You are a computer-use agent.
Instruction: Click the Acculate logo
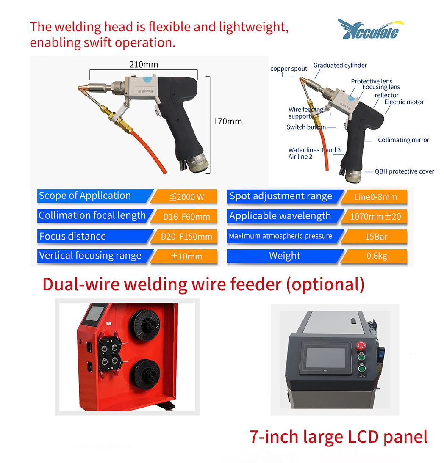(371, 29)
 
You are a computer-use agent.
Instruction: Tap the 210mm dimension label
(144, 64)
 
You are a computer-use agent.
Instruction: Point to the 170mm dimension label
(228, 121)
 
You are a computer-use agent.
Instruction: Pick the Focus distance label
(73, 236)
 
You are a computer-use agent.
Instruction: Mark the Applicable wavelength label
(280, 216)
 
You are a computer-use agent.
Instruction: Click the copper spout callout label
(289, 69)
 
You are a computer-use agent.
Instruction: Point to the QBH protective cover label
(405, 171)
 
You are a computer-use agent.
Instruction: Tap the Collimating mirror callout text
(403, 140)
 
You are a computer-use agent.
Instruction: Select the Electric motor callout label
(404, 102)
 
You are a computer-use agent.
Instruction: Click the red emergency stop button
(361, 345)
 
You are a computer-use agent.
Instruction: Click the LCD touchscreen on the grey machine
(325, 358)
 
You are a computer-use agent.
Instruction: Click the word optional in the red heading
(325, 284)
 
